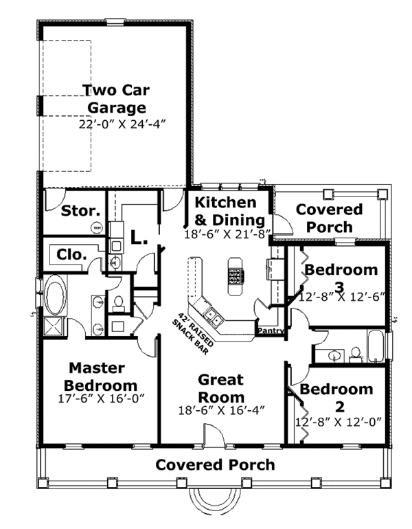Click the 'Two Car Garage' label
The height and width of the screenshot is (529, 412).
[116, 98]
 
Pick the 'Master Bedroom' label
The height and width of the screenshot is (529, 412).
[102, 376]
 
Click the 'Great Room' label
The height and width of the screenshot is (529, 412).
[221, 388]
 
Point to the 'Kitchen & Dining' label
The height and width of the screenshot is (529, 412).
[227, 212]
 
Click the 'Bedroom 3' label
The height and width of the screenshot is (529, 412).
[341, 277]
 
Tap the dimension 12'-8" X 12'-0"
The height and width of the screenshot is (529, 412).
[337, 421]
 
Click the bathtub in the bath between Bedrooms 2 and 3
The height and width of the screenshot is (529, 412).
[375, 347]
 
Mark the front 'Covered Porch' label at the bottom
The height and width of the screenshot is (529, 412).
[215, 465]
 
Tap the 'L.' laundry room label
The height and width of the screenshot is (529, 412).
[139, 238]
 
